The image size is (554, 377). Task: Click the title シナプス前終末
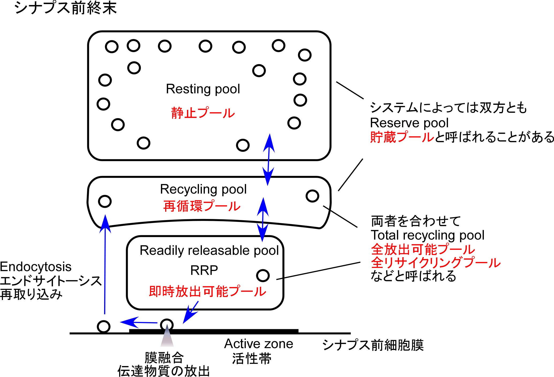[x=66, y=8]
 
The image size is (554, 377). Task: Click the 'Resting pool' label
[x=203, y=89]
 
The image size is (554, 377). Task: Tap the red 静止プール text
[x=203, y=113]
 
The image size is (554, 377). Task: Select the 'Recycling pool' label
[x=203, y=189]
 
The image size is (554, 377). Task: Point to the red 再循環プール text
[x=202, y=206]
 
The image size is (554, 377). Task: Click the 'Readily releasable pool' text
[x=209, y=251]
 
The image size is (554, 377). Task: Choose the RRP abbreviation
[x=204, y=270]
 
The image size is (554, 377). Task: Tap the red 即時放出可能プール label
[x=207, y=291]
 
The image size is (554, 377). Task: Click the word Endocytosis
[x=36, y=267]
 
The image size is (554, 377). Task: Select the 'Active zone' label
[x=258, y=344]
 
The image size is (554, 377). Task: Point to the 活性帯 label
[x=252, y=359]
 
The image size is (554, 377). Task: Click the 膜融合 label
[x=164, y=357]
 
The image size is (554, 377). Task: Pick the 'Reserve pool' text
[x=409, y=123]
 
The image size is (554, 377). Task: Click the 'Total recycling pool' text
[x=427, y=235]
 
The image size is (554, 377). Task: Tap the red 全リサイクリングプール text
[x=435, y=263]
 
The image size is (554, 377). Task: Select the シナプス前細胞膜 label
[x=373, y=345]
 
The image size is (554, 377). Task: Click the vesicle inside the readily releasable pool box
[x=263, y=275]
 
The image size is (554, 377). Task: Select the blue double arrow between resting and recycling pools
[x=268, y=160]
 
